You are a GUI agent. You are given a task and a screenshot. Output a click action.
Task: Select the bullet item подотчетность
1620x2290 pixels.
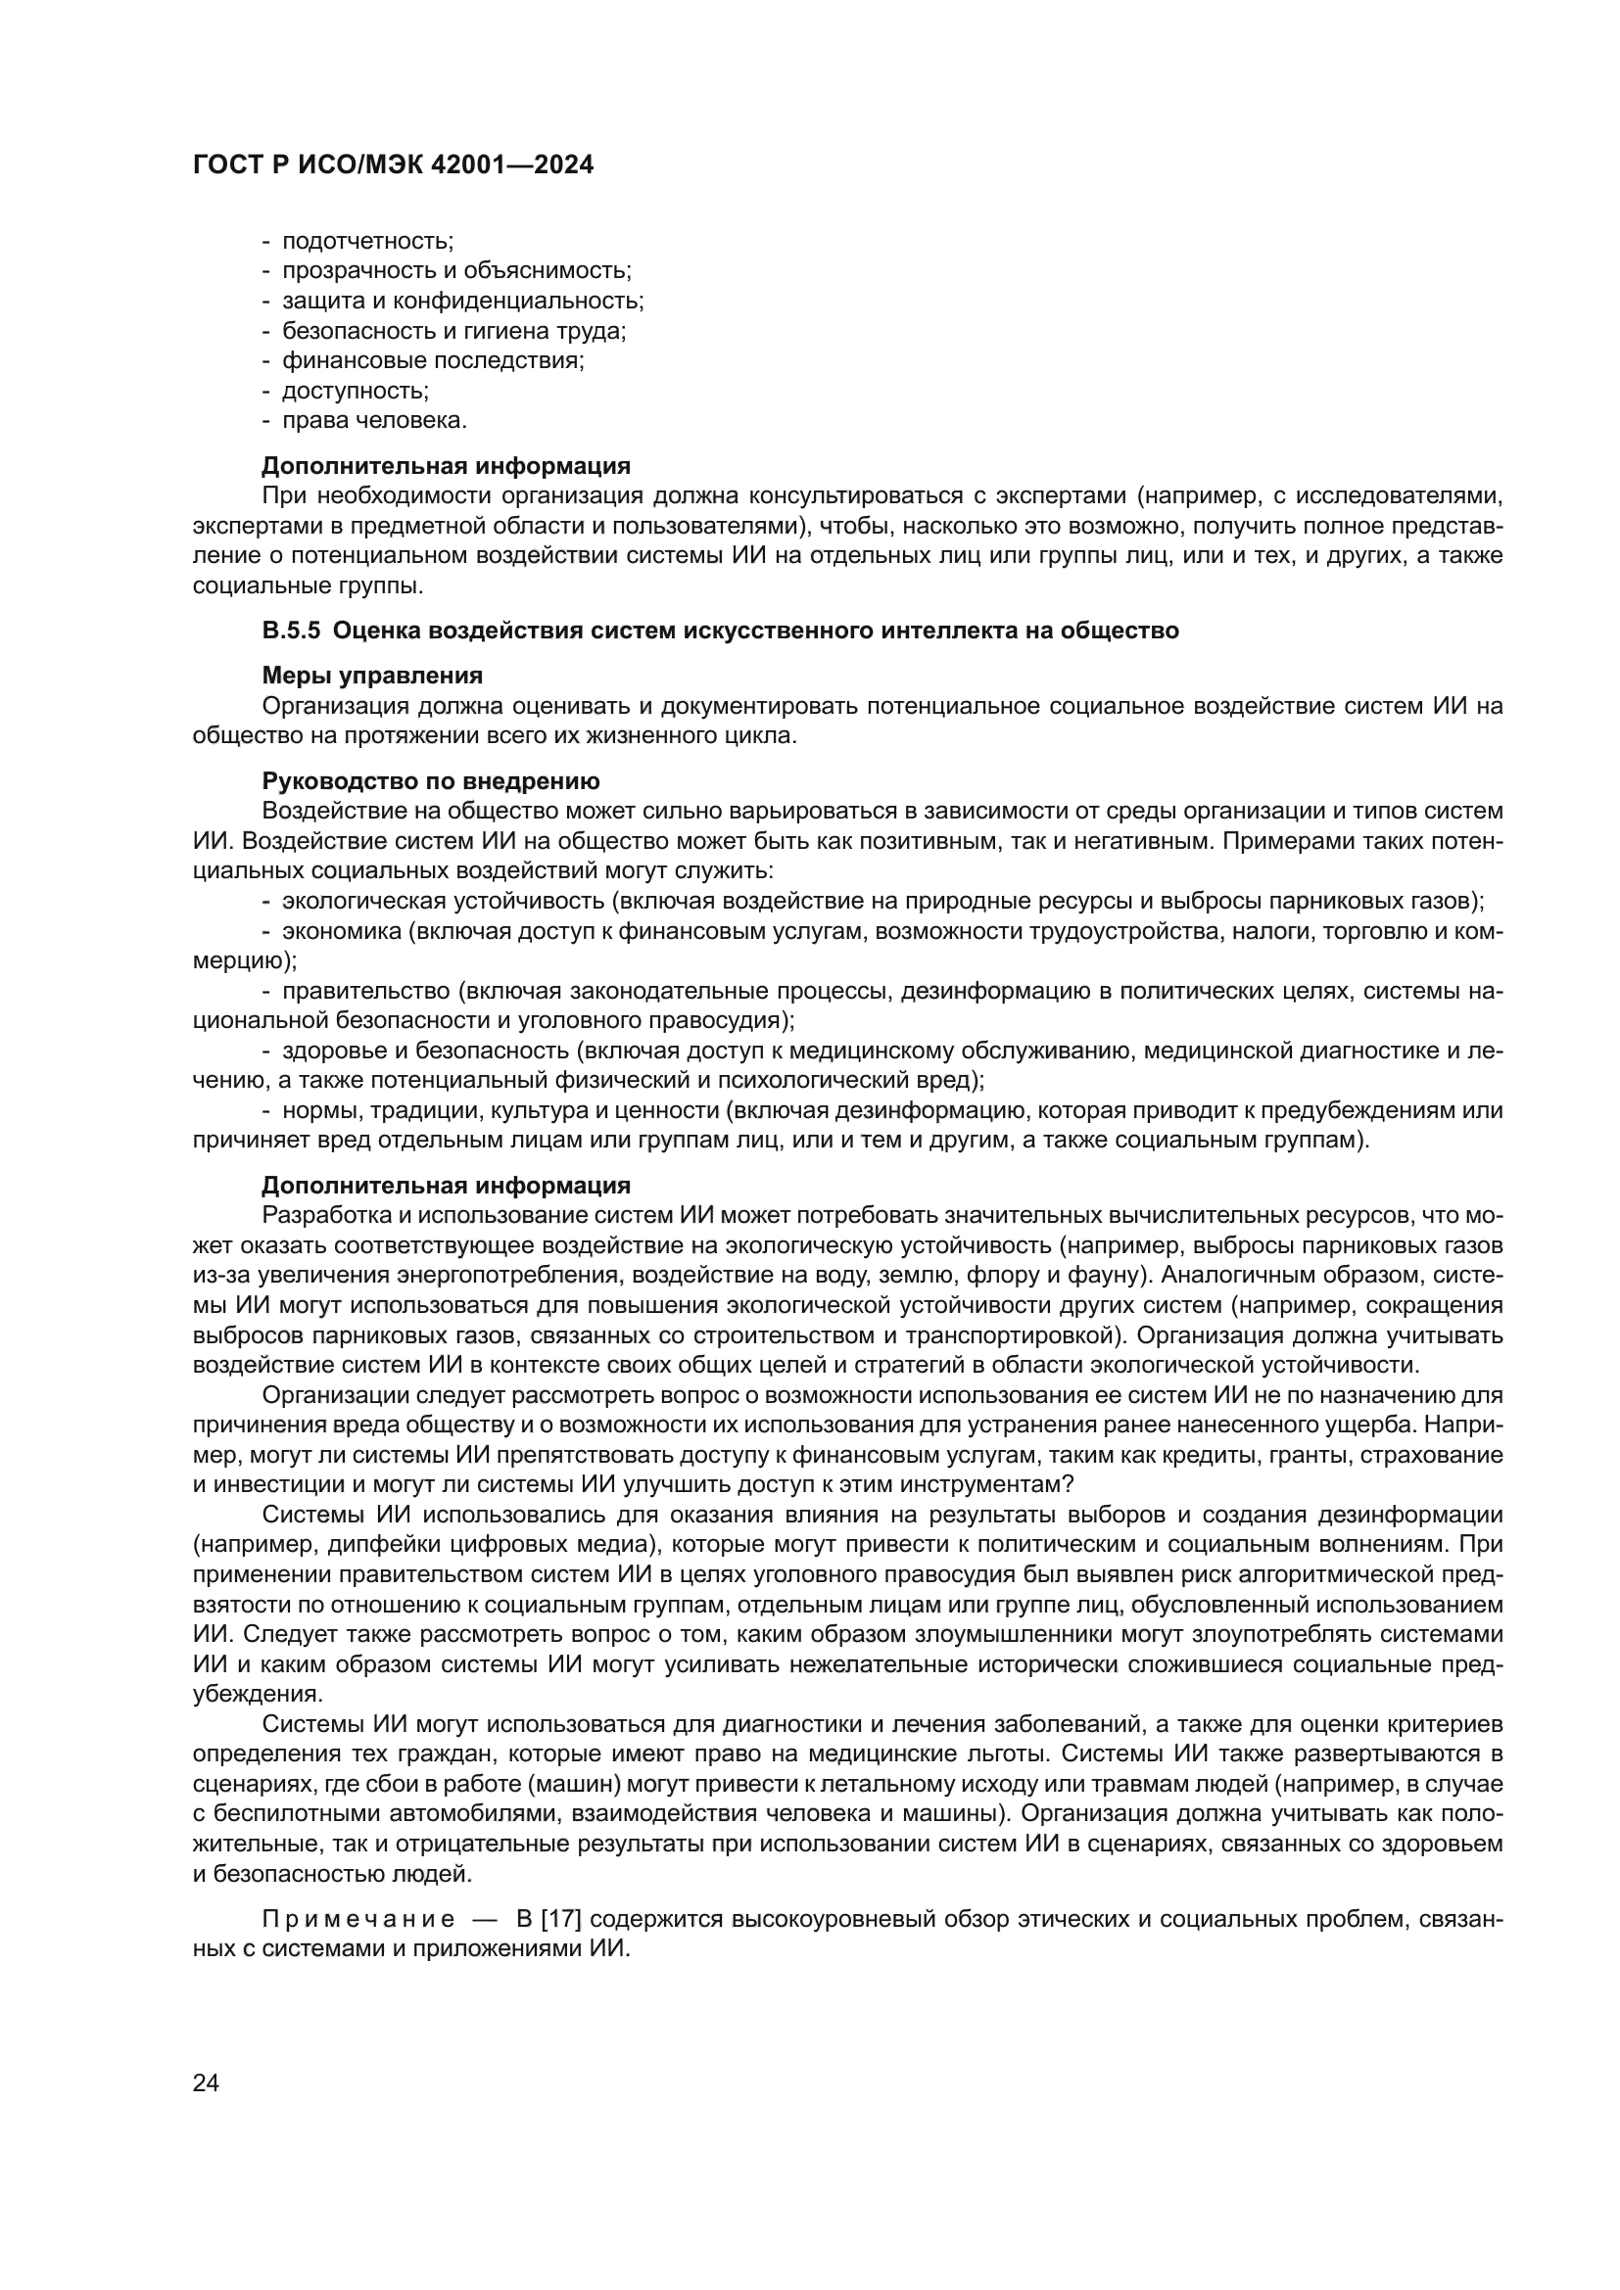coord(368,241)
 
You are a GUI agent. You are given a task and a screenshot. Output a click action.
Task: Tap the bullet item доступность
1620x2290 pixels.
coord(356,391)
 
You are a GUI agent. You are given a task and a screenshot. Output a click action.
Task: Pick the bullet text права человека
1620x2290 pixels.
coord(374,421)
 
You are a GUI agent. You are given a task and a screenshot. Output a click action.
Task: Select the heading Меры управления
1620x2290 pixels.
coord(371,677)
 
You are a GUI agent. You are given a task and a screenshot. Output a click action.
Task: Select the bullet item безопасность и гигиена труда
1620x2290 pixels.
coord(453,331)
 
